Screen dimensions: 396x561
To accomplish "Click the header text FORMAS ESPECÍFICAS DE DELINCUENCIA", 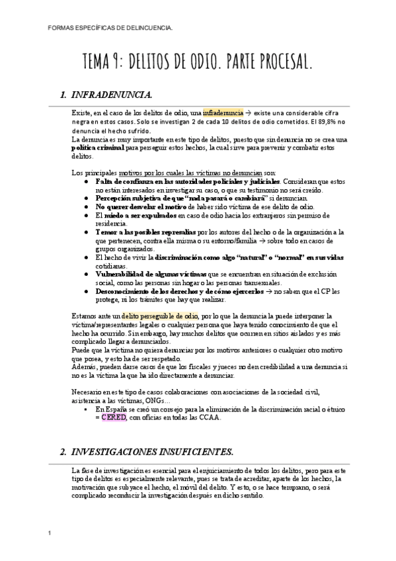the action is coord(112,28).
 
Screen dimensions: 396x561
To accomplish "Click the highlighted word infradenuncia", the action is coord(221,114).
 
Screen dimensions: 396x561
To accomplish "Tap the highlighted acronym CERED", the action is coord(113,417).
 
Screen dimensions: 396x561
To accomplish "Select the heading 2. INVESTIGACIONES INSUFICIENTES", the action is coord(147,452).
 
